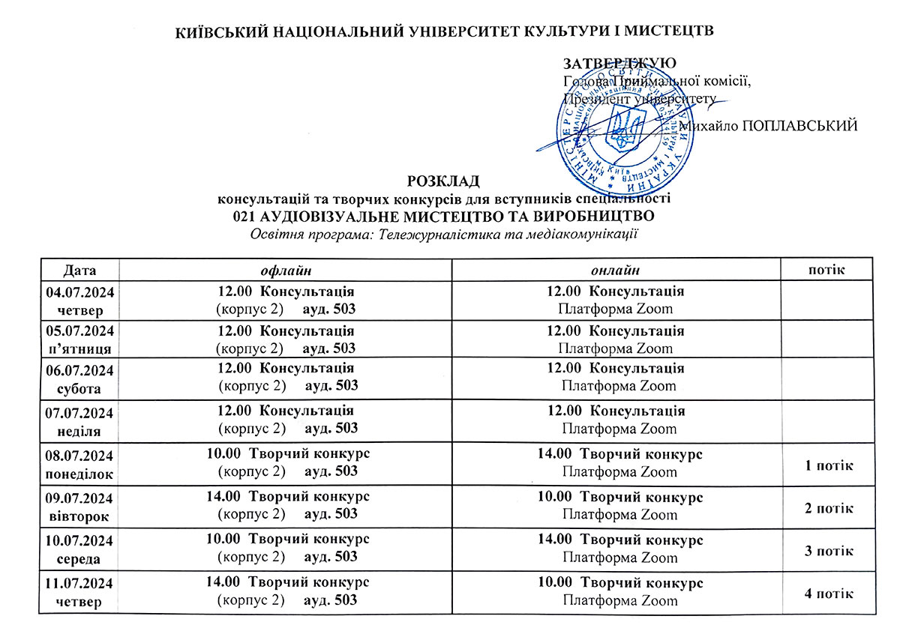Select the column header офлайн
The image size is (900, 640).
tap(285, 270)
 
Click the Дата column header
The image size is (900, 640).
tap(80, 270)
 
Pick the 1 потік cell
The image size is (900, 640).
tap(829, 465)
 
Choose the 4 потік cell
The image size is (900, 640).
tap(829, 594)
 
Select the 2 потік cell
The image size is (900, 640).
tap(829, 508)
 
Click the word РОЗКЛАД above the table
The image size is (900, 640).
tap(442, 181)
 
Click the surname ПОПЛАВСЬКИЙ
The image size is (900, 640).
tap(799, 126)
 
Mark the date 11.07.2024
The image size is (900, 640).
tap(78, 582)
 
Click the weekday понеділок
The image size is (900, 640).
tap(78, 474)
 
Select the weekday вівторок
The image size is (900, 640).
tap(78, 516)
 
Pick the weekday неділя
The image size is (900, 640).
tap(78, 431)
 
